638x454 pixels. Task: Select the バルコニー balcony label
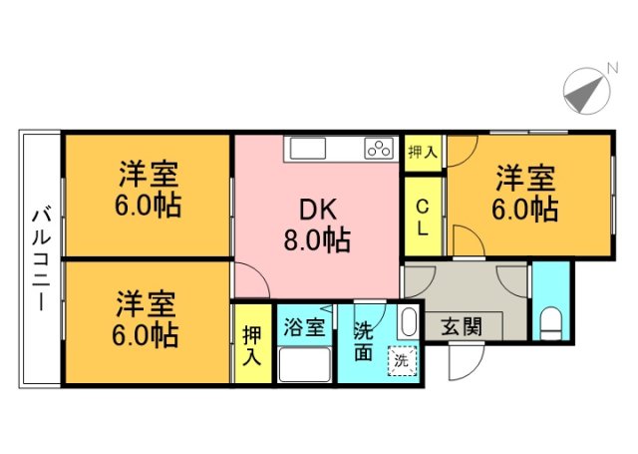click(41, 256)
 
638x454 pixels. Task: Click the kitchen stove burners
click(379, 149)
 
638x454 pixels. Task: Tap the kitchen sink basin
click(307, 149)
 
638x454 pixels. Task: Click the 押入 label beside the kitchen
click(423, 153)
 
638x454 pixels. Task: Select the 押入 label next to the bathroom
click(251, 345)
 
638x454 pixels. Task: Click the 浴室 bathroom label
click(304, 326)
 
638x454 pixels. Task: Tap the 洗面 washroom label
click(364, 340)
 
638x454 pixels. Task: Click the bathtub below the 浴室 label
click(304, 365)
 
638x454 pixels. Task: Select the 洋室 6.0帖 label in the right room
click(525, 195)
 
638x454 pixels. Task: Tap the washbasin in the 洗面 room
click(407, 322)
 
